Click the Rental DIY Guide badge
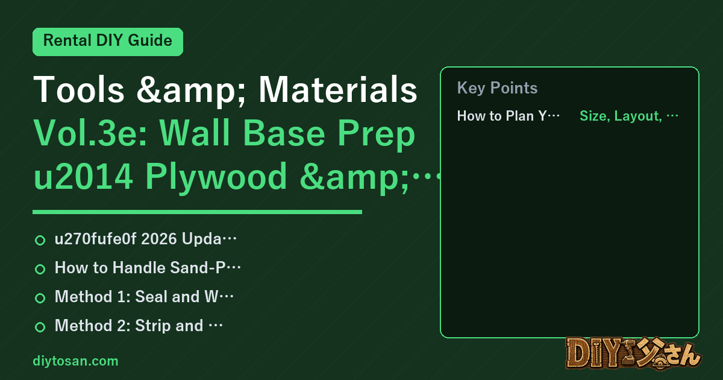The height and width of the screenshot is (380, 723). click(108, 42)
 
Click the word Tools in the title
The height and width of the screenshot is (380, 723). click(79, 89)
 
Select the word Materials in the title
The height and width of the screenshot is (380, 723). click(338, 89)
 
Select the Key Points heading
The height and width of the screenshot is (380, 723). click(498, 88)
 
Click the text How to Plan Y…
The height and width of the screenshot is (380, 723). click(508, 116)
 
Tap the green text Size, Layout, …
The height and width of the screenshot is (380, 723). click(629, 116)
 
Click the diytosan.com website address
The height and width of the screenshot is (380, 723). click(75, 361)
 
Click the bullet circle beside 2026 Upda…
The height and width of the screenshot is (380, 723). click(40, 240)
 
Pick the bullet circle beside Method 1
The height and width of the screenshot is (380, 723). click(40, 298)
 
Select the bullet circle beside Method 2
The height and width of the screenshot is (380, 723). click(40, 327)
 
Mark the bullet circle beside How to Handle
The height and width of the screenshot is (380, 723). click(40, 269)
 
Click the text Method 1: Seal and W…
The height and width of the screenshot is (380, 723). click(144, 297)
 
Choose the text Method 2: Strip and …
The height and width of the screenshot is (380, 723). click(139, 325)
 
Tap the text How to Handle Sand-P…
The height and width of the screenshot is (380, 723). click(148, 268)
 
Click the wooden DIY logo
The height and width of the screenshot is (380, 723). click(633, 353)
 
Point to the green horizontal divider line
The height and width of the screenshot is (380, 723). click(197, 212)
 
